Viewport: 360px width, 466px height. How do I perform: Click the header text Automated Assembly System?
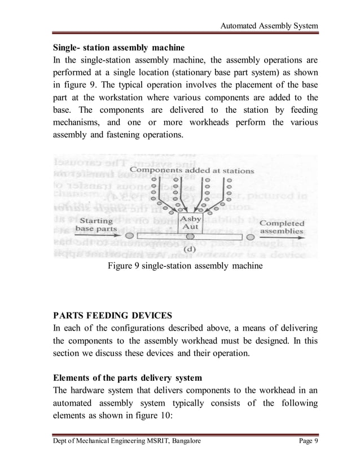coord(269,26)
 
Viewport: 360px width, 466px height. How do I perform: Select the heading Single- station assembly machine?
coord(118,46)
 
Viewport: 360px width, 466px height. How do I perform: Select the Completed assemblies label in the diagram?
coord(281,227)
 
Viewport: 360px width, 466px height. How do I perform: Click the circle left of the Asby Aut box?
coord(130,235)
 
